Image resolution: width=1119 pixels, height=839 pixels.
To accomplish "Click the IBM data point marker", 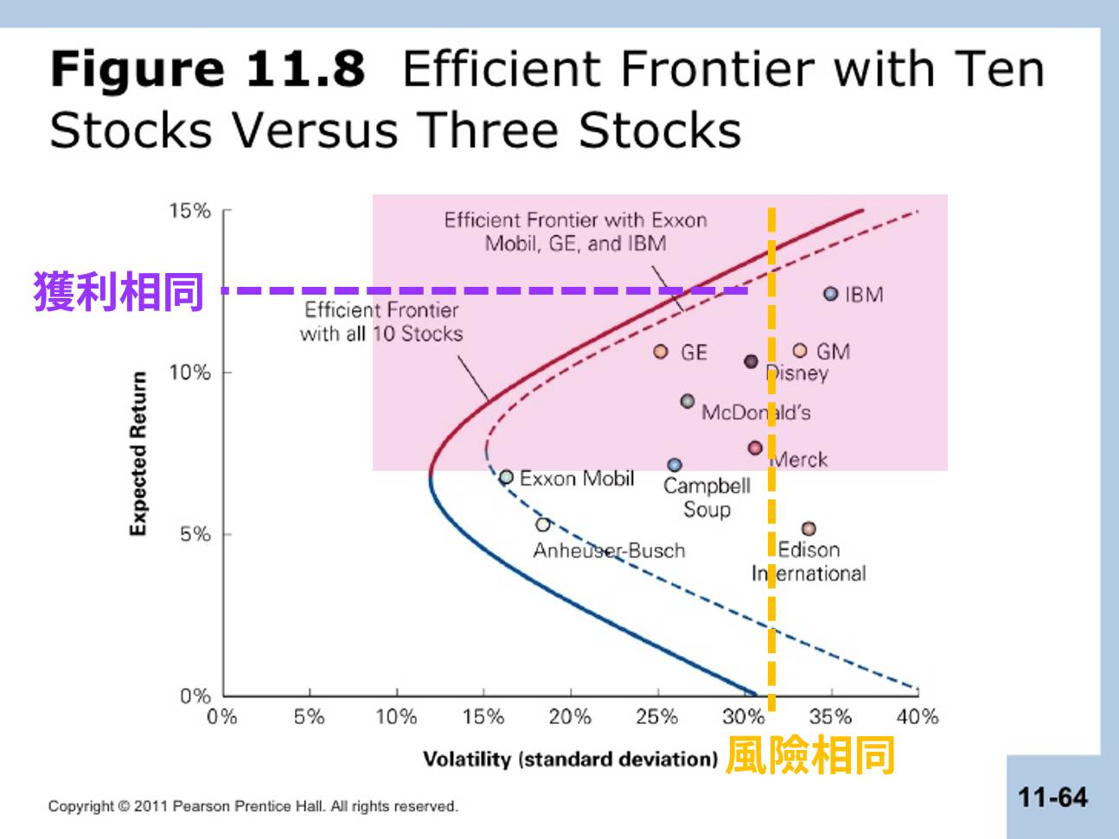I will coord(830,294).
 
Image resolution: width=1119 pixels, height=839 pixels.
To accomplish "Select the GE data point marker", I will coord(661,352).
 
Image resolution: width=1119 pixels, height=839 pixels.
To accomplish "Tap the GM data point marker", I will coord(800,350).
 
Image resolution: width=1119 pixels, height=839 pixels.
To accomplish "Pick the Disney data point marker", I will coord(751,361).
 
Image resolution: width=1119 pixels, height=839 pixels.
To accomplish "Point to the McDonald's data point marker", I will coord(687,401).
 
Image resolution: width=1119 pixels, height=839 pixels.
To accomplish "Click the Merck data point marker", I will coord(755,448).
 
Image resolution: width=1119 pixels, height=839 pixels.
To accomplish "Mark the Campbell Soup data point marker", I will coord(675,465).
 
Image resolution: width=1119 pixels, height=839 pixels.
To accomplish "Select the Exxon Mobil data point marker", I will coord(507,477).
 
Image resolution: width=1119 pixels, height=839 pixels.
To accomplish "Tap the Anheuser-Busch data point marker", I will coord(543,524).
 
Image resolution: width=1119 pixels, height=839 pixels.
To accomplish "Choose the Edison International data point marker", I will coord(809,528).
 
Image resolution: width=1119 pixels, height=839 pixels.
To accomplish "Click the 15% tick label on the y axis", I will coord(189,211).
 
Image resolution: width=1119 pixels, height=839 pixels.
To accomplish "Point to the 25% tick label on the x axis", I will coord(657,716).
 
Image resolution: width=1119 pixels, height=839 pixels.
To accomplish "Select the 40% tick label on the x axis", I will coord(918,716).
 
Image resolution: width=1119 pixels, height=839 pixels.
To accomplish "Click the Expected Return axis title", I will coord(137,454).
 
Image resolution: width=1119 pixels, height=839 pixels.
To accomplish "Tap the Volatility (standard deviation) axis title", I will coord(570,759).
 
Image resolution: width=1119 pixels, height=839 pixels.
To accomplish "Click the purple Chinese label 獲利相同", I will coord(118,291).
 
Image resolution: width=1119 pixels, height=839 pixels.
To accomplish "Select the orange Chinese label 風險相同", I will coord(810,755).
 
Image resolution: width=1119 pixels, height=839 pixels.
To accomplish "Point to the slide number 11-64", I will coord(1052,797).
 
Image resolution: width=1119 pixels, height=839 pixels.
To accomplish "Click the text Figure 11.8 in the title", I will coord(208,69).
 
